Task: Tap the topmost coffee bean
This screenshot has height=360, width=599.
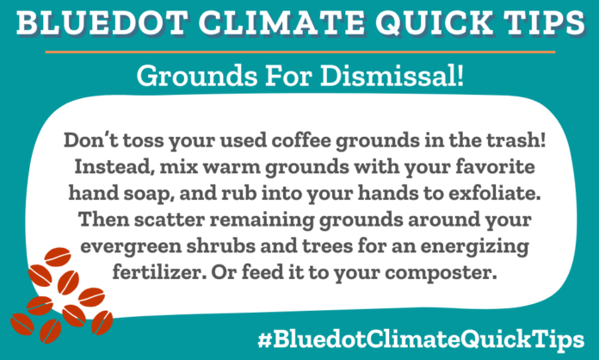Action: click(x=57, y=256)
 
